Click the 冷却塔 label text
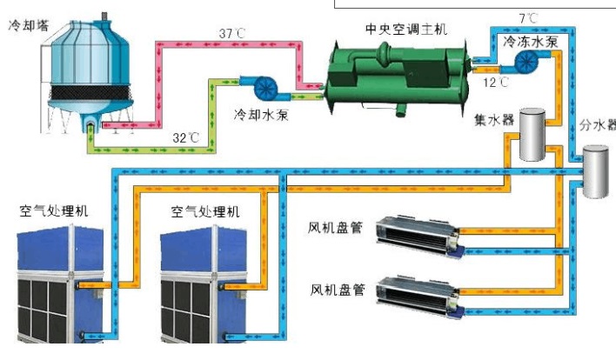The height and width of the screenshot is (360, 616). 26,27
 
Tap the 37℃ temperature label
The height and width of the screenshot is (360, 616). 232,34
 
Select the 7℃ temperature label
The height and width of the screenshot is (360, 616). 528,17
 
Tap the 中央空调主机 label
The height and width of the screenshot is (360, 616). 405,30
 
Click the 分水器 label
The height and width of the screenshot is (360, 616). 597,126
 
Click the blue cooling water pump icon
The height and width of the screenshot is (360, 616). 264,86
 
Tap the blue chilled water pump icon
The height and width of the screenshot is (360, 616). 526,62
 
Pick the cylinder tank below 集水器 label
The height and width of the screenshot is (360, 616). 532,136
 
